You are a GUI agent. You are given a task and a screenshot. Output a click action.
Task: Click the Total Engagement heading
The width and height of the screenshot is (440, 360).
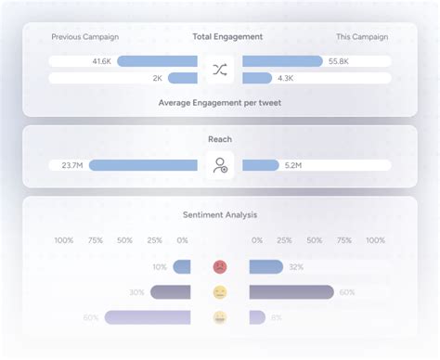pos(226,37)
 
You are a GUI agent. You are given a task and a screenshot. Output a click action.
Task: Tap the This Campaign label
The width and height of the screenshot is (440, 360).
pos(362,37)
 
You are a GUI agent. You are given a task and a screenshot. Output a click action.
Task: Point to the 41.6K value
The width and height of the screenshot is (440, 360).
pos(102,61)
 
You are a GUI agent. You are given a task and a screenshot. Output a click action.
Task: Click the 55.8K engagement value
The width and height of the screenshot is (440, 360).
pos(339,61)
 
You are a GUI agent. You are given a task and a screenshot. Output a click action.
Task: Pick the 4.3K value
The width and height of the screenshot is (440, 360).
pos(285,79)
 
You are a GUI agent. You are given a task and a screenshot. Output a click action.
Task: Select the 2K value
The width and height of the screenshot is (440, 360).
pos(158,79)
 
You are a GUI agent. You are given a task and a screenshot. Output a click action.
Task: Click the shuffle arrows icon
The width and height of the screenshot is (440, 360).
pos(220,70)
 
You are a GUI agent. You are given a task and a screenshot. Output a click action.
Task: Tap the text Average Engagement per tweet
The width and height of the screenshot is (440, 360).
pos(220,102)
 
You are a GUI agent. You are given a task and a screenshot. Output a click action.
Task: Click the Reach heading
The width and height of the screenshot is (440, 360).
pos(220,139)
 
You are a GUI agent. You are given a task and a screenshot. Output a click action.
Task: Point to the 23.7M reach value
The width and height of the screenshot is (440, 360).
pos(72,165)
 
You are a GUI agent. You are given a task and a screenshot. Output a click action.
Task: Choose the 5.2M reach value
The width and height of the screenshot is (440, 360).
pos(291,165)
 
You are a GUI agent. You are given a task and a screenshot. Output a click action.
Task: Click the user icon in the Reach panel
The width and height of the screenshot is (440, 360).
pos(220,165)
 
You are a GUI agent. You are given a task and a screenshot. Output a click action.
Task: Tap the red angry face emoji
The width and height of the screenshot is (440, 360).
pos(220,267)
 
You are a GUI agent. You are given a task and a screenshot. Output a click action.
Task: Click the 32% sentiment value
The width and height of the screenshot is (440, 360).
pos(296,267)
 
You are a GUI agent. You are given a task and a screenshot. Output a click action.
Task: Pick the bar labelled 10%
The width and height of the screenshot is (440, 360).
pos(182,267)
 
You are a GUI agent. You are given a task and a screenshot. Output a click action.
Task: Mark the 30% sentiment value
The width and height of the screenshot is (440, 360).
pos(136,292)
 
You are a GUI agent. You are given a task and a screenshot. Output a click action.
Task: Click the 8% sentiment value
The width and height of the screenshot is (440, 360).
pos(277,317)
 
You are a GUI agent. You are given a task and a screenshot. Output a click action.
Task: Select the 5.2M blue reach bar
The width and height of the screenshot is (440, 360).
pos(260,165)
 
